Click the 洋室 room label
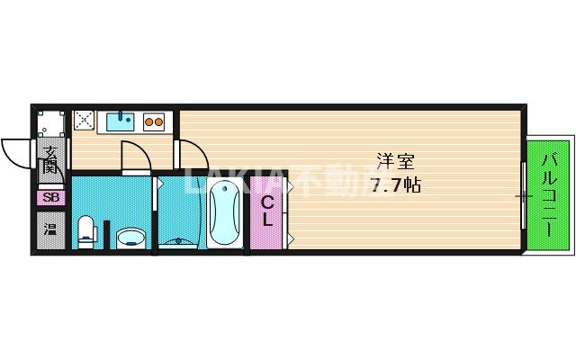(395, 163)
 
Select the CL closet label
(267, 212)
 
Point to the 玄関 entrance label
(51, 159)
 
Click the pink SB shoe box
(50, 197)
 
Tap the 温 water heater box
(50, 228)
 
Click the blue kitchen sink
(118, 119)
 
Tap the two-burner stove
(153, 119)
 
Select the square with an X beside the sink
(85, 119)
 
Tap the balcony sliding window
(524, 195)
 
